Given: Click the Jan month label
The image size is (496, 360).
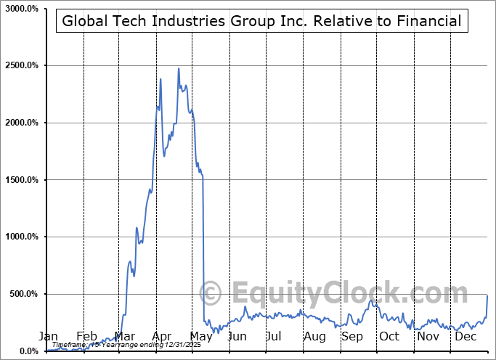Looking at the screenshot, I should tap(47, 337).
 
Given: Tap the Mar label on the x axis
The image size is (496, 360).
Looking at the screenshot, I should tap(125, 337).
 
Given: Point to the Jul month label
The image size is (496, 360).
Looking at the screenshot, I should tap(274, 337).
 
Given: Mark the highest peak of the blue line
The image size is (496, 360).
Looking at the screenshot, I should tap(179, 68).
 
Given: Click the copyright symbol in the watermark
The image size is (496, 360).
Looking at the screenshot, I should tap(211, 294).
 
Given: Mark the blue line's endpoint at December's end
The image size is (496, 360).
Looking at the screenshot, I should tap(487, 295).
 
